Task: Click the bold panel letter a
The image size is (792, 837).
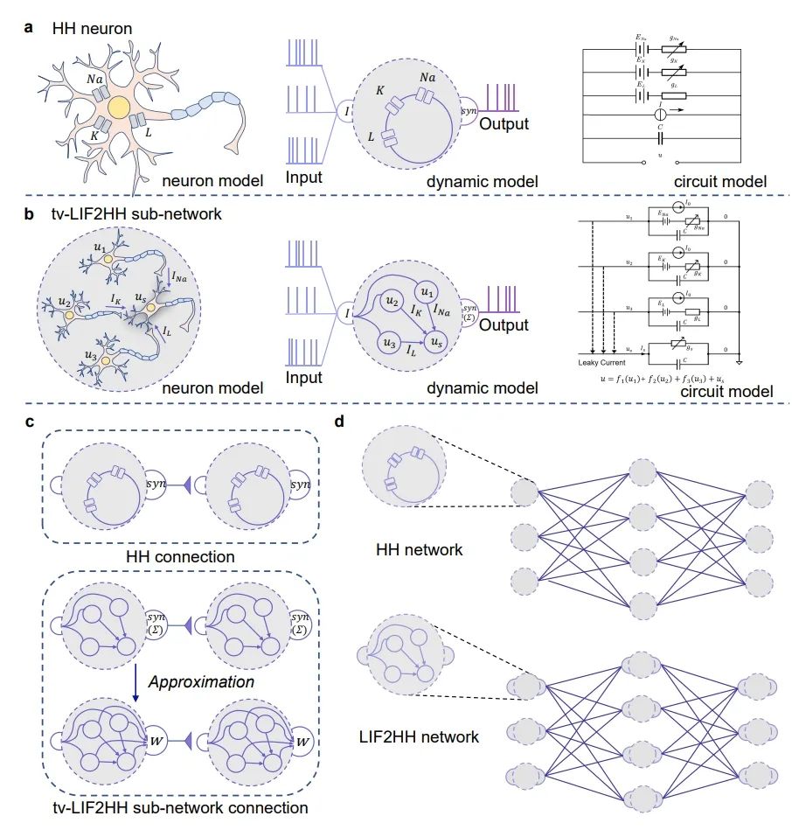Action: (x=30, y=28)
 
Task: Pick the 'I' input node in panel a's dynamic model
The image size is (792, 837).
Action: (x=349, y=111)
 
